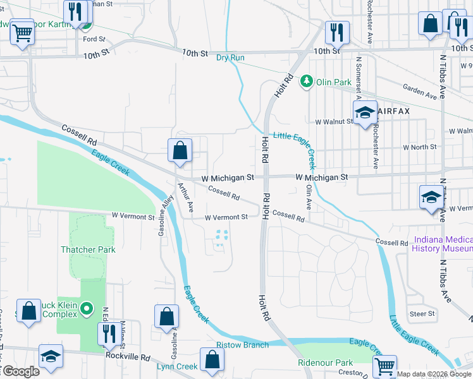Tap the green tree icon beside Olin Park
(307, 81)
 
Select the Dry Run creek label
(230, 57)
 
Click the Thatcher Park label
(88, 250)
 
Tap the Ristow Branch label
(242, 345)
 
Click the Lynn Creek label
(177, 366)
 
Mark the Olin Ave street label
(309, 197)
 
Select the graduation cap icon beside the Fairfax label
(365, 113)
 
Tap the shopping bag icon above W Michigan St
(180, 150)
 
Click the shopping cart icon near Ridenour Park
(384, 366)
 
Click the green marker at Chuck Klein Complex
(88, 310)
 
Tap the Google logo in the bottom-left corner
(20, 371)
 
